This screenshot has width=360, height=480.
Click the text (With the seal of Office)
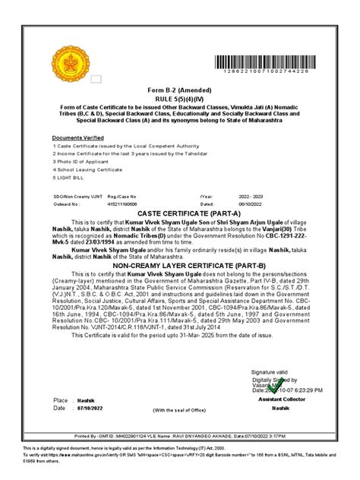pyautogui.click(x=179, y=410)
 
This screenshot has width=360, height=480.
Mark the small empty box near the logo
pyautogui.click(x=96, y=78)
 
